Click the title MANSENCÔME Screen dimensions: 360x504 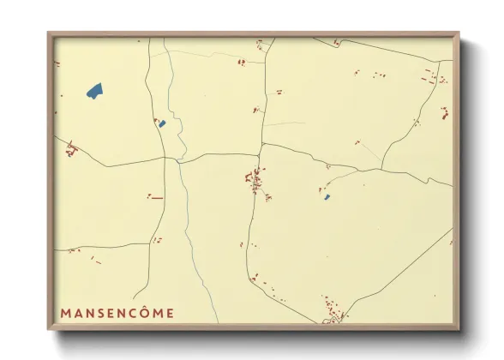coord(117,313)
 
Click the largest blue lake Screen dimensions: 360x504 coord(94,89)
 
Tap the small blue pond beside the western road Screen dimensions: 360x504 coord(162,124)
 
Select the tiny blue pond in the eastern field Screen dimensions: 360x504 coord(327,197)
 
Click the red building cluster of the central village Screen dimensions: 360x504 coord(255,180)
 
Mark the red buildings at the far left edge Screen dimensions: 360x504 coord(71,151)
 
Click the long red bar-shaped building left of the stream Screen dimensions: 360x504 coord(157,198)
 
